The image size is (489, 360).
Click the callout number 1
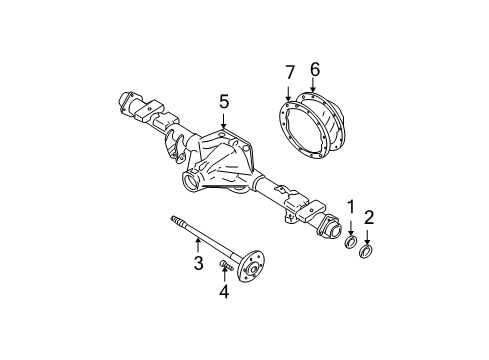(351, 206)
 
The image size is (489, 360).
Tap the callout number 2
(369, 216)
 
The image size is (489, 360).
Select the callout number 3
(198, 263)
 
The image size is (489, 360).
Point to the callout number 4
(224, 293)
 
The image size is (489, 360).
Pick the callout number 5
(225, 100)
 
